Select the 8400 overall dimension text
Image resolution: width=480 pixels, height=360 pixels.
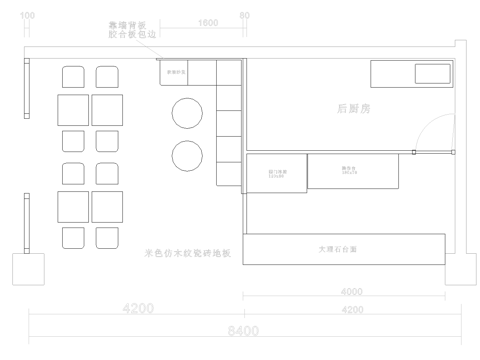(241, 331)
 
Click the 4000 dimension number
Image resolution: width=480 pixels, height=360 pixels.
(352, 292)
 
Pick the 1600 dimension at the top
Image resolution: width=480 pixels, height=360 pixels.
(209, 22)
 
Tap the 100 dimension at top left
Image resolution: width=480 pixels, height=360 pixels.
(27, 17)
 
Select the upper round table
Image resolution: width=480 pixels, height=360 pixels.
(187, 113)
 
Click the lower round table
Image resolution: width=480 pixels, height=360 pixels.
(187, 156)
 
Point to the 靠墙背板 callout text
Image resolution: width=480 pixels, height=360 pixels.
(126, 22)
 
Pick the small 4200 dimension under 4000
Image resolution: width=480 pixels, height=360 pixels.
(352, 310)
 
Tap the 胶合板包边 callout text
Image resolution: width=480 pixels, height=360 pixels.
(126, 34)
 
